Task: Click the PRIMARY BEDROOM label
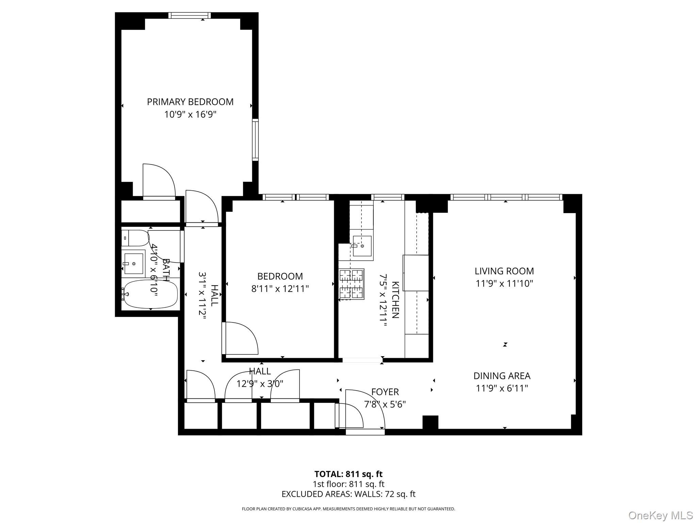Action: (190, 102)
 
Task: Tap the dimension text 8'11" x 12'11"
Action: (280, 289)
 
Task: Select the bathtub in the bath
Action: (150, 294)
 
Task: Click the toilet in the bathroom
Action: (135, 238)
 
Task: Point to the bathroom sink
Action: (133, 263)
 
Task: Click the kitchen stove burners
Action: (352, 284)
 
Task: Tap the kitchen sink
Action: (362, 246)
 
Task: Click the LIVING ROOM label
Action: (504, 271)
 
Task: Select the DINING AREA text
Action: (502, 376)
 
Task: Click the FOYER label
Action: (385, 392)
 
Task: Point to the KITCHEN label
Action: (395, 300)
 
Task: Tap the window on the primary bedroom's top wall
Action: (190, 15)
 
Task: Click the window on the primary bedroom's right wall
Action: (255, 140)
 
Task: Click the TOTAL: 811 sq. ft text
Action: (348, 474)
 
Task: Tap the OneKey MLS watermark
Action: (660, 515)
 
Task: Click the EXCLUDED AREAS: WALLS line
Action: (348, 494)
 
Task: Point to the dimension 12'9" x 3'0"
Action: (260, 384)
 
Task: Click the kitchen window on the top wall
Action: (388, 197)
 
